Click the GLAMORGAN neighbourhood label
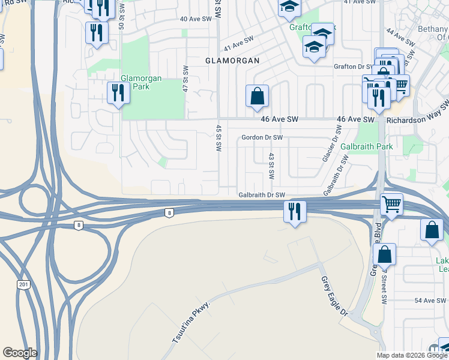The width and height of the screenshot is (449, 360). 232,61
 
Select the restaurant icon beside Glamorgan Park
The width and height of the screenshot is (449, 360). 118,94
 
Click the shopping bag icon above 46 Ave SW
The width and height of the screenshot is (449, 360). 257,96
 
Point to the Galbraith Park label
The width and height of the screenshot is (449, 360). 366,146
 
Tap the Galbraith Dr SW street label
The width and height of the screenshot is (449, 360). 261,195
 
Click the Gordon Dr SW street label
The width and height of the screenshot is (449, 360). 262,137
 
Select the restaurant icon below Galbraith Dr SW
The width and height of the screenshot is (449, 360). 294,212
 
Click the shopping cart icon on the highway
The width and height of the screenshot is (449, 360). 391,205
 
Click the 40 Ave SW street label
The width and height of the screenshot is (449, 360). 196,19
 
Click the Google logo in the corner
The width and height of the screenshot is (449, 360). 20,353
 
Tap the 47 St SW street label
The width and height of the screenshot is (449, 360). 186,78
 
